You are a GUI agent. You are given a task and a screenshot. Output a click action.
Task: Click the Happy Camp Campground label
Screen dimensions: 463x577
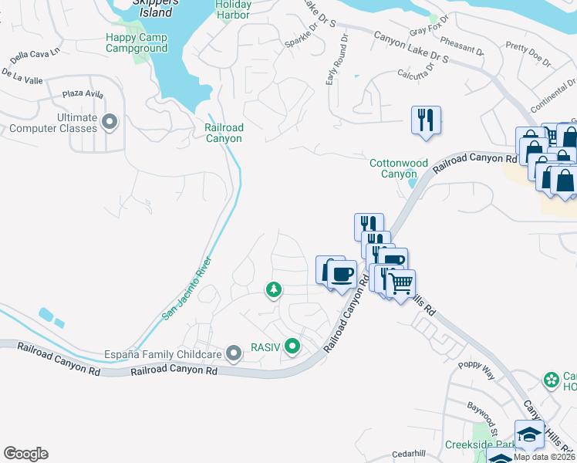(137, 42)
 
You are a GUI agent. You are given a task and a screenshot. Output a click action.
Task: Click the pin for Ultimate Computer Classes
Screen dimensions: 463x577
(110, 122)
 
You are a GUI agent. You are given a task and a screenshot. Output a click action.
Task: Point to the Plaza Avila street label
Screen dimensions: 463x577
(83, 93)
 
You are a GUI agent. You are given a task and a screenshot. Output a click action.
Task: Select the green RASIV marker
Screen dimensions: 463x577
(292, 347)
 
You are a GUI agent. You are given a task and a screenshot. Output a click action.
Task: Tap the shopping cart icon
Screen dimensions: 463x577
(400, 284)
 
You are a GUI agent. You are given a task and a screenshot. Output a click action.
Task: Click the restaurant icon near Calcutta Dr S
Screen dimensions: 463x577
(426, 120)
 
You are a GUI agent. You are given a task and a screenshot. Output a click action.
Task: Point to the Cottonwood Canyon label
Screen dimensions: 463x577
(398, 168)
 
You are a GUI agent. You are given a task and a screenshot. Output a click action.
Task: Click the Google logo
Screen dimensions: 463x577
(25, 454)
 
